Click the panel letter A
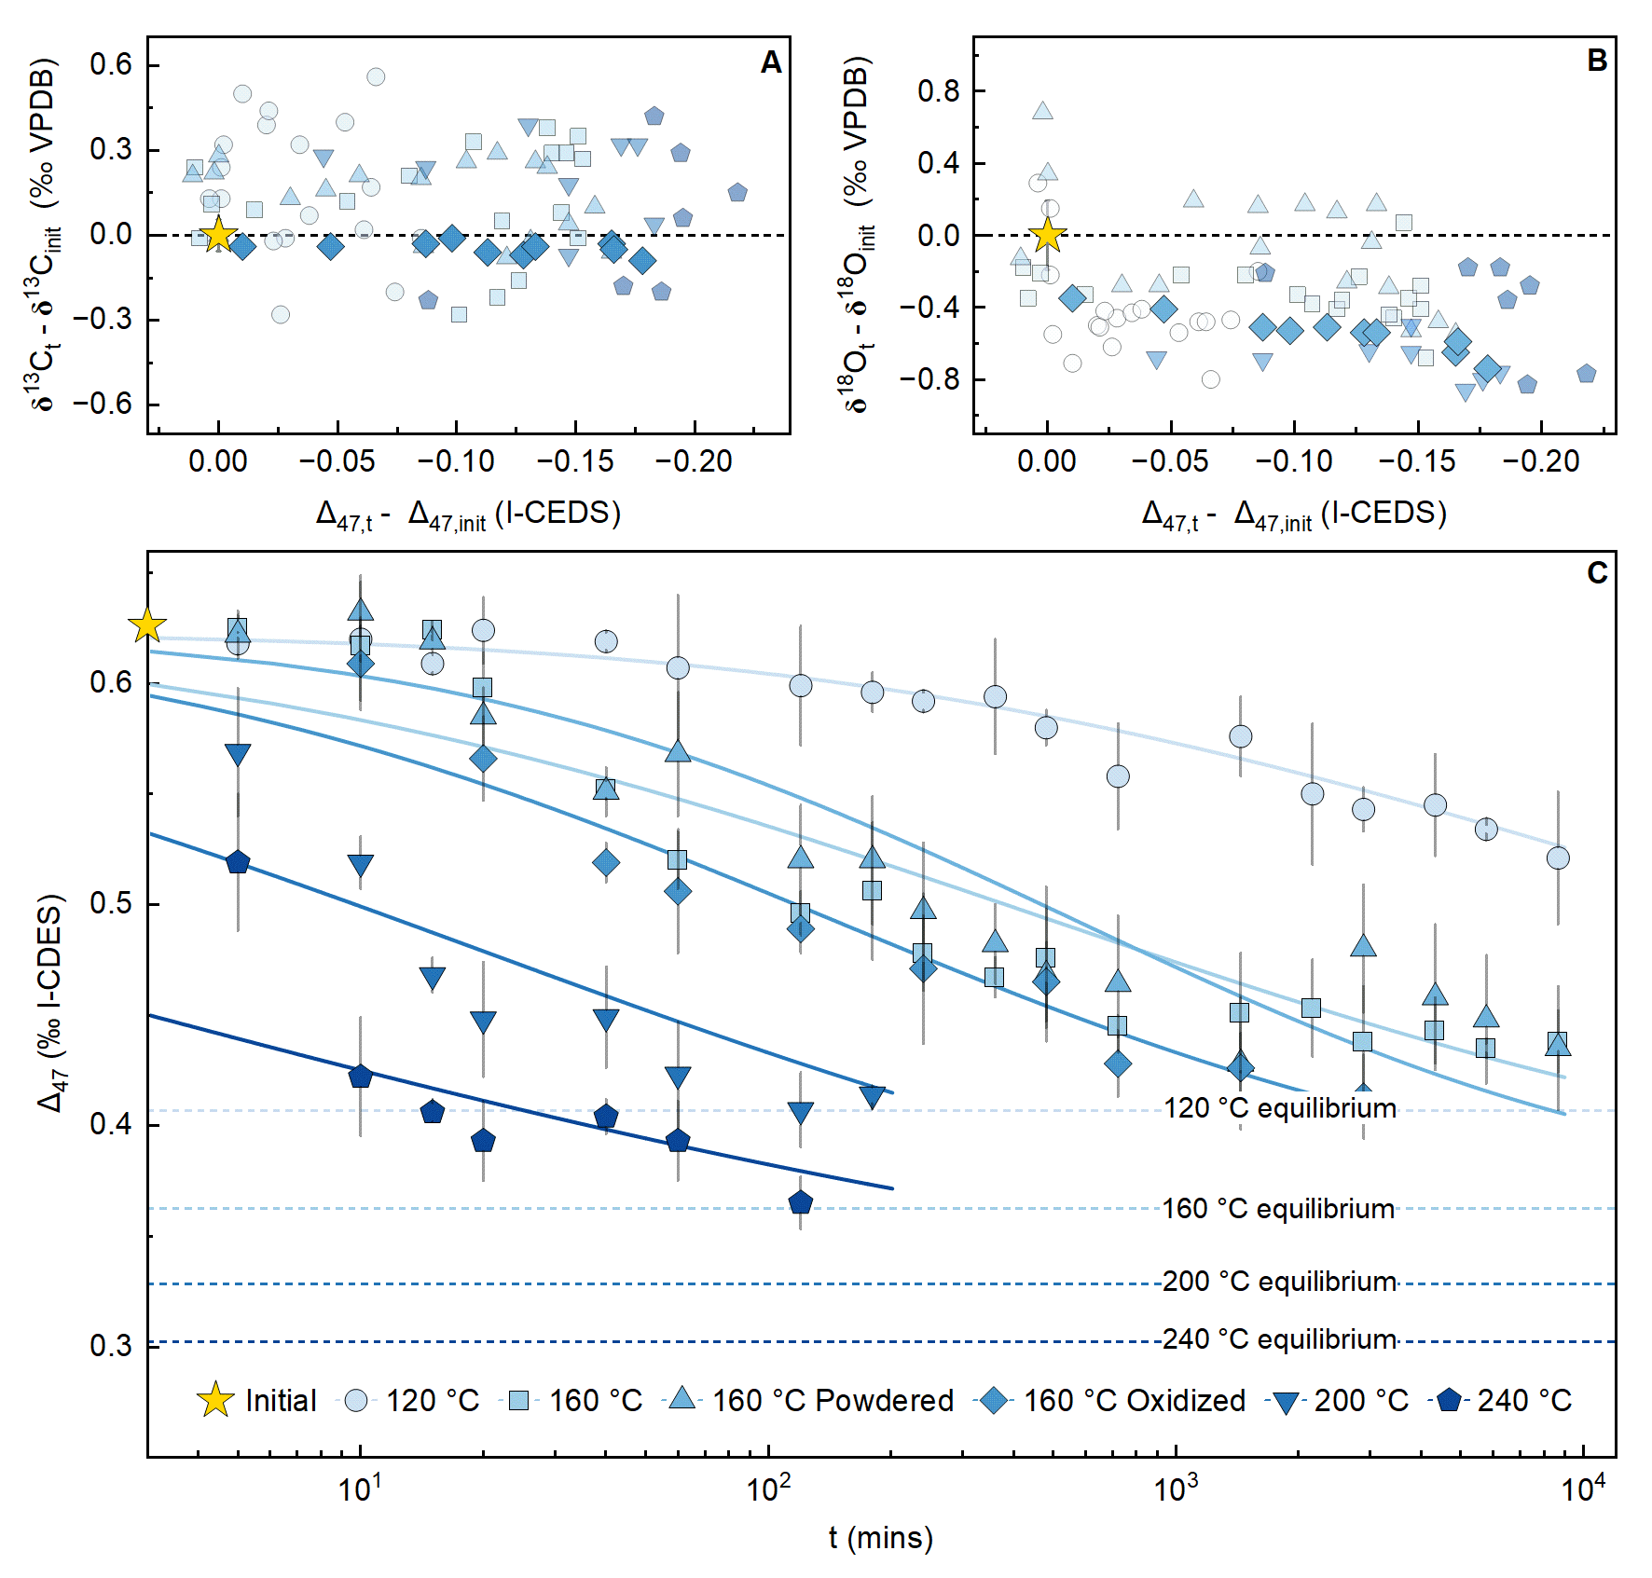(x=770, y=62)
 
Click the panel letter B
(x=1596, y=61)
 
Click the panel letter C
(x=1597, y=572)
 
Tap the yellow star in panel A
(x=218, y=235)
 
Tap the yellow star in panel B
(x=1047, y=235)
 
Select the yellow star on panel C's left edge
(x=147, y=625)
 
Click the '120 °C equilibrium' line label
(x=1279, y=1108)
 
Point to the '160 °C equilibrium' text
(x=1278, y=1209)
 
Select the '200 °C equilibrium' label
(x=1279, y=1282)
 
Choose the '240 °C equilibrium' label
(x=1279, y=1339)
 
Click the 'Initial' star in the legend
(x=215, y=1400)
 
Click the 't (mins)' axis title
(x=880, y=1537)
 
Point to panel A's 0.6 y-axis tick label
(x=111, y=64)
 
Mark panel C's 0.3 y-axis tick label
(x=111, y=1345)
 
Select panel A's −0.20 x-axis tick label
(x=695, y=460)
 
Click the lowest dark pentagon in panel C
(x=800, y=1202)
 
